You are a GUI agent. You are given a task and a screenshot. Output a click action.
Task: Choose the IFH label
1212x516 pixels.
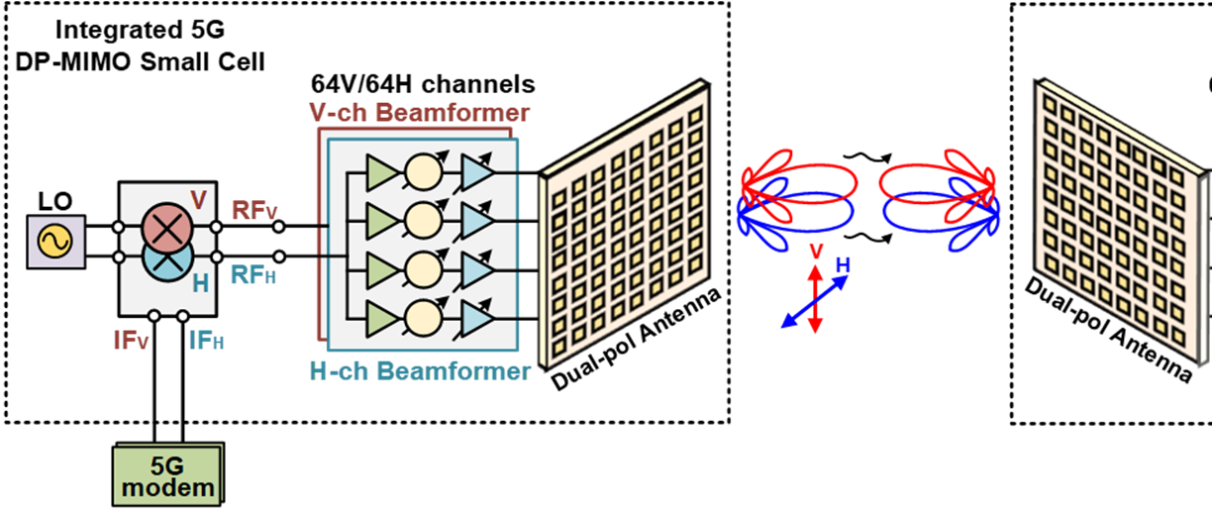(206, 341)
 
